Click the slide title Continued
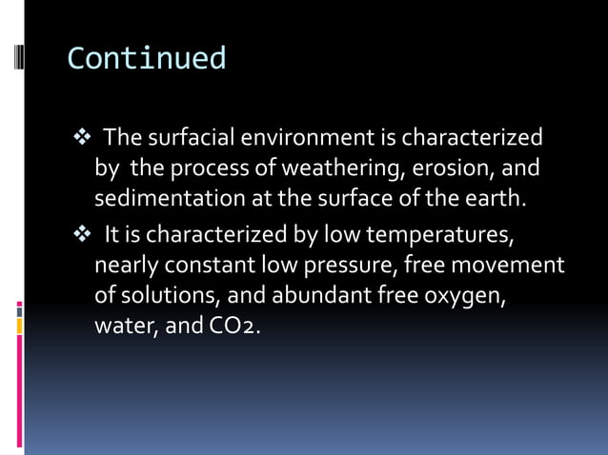147,59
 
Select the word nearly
125,265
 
